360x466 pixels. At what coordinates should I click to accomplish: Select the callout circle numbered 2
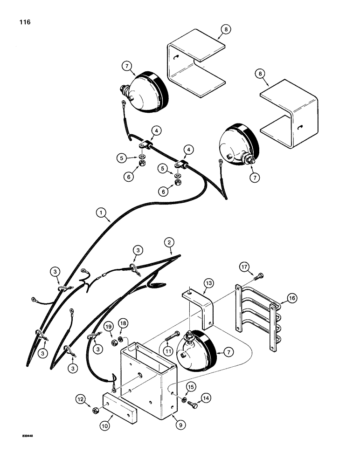(x=169, y=241)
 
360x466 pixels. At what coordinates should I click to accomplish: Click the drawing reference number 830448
(x=22, y=437)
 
